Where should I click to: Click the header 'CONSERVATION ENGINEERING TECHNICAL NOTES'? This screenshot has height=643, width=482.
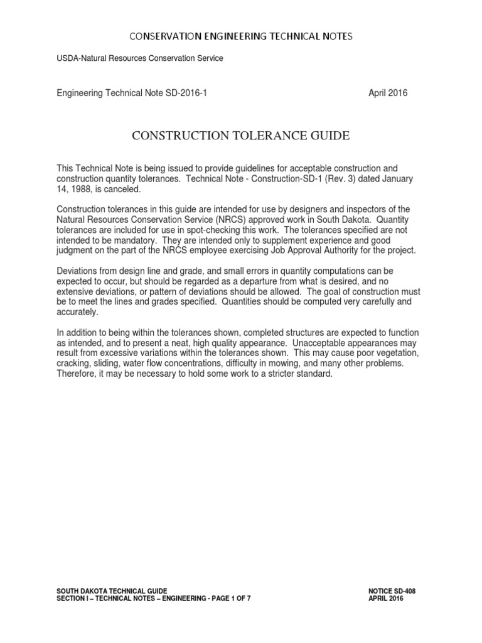[x=241, y=36]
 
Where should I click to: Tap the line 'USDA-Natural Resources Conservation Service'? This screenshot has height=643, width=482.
[x=140, y=58]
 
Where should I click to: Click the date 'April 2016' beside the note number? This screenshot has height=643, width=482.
[x=387, y=93]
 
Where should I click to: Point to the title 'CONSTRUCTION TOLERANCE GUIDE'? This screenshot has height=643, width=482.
[x=240, y=136]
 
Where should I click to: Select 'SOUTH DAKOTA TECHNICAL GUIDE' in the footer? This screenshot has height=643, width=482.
[x=112, y=591]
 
